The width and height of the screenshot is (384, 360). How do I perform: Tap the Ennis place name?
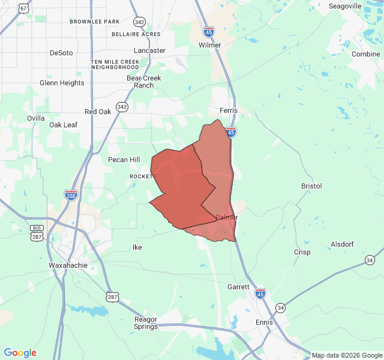[264, 322]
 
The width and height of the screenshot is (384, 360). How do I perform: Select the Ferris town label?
[229, 111]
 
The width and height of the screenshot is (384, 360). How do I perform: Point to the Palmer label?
[227, 217]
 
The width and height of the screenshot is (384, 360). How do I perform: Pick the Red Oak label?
[98, 112]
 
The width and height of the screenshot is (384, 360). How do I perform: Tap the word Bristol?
[311, 187]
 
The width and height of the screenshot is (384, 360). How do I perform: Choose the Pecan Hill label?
[124, 160]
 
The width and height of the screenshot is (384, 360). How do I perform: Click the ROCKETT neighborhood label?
[143, 176]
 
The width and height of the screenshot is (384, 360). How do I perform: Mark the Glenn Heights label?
[62, 83]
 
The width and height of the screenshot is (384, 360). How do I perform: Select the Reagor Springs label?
[146, 323]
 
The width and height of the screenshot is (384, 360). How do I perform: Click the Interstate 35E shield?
[71, 194]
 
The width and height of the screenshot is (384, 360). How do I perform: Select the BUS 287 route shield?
[37, 233]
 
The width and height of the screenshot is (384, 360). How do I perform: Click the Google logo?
[20, 353]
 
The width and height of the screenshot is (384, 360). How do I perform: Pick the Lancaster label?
[149, 51]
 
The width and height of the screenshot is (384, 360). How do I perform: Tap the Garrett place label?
[238, 287]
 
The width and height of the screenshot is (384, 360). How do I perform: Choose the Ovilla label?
[36, 118]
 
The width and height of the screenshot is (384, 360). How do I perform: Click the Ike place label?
[137, 247]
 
